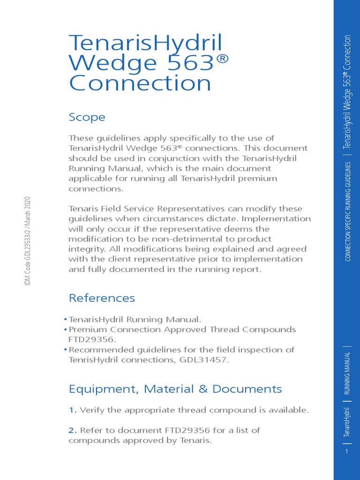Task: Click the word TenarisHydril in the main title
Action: coord(146,43)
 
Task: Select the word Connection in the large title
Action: coord(140,83)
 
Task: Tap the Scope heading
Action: coord(87,117)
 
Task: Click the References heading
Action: coord(102,298)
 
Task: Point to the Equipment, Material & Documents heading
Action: coord(175,389)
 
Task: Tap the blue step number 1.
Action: coord(73,410)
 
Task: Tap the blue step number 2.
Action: coord(73,430)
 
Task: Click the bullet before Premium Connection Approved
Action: coord(66,330)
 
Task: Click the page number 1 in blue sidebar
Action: coord(346,451)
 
